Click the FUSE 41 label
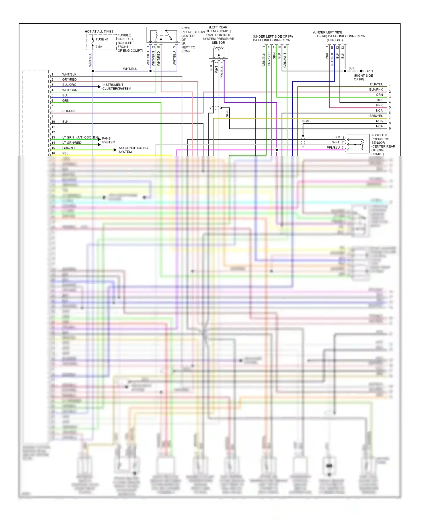(102, 39)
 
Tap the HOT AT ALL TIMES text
(99, 32)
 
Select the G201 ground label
(369, 71)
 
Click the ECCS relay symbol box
(163, 35)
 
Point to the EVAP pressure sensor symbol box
(218, 52)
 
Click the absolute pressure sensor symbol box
(358, 144)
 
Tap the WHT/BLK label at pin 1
(69, 74)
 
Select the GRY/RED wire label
(69, 80)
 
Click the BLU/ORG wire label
(69, 85)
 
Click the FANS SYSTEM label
(108, 140)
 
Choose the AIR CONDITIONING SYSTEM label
(133, 150)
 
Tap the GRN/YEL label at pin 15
(69, 148)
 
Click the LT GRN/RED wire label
(72, 143)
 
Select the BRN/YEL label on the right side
(376, 116)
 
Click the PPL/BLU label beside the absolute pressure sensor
(333, 148)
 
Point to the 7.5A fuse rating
(99, 47)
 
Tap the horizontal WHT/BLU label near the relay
(130, 69)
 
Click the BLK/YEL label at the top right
(376, 84)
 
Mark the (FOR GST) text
(335, 40)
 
